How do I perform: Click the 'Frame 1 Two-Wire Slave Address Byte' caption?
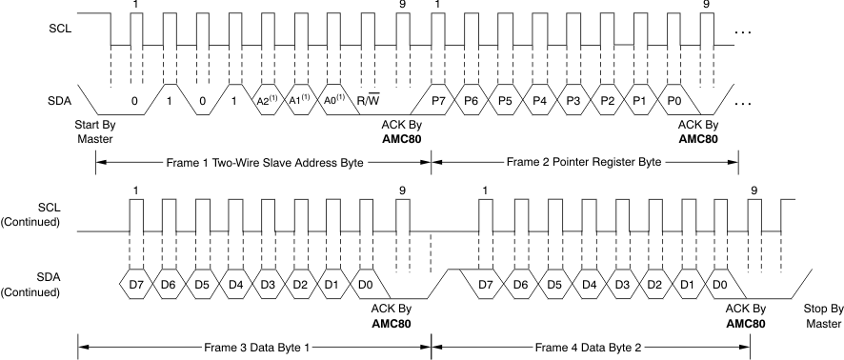[x=262, y=163]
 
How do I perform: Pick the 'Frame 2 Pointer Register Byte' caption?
[x=584, y=163]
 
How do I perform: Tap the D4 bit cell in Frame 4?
[x=590, y=285]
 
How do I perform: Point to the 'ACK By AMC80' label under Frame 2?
[x=698, y=131]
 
